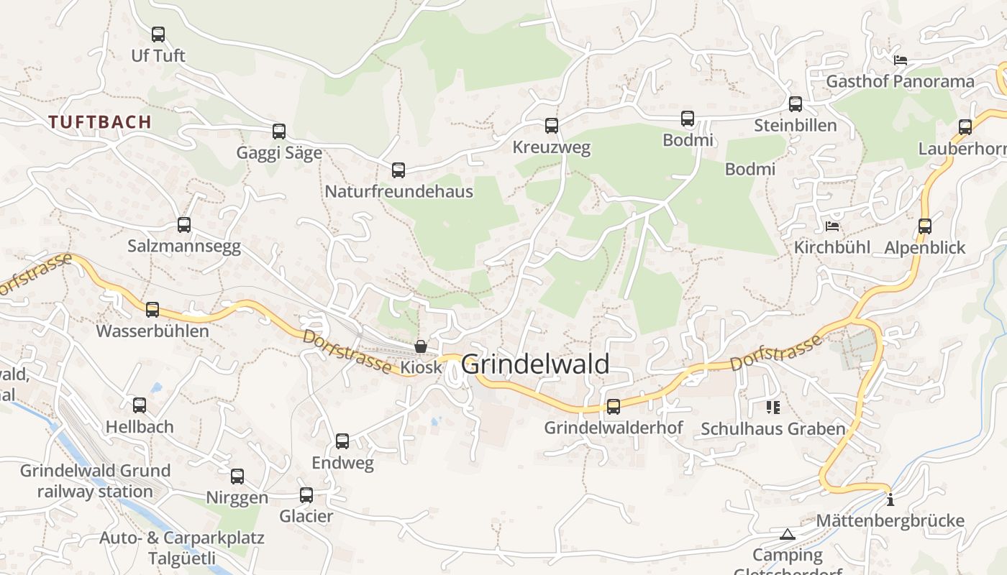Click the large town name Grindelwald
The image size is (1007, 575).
(x=535, y=364)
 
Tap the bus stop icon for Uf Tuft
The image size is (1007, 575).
(x=158, y=34)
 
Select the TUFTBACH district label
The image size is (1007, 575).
(x=101, y=122)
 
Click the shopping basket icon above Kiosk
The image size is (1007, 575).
(x=421, y=346)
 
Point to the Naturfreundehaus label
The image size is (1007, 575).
(x=398, y=191)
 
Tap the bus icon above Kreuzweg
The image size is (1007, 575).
(x=552, y=126)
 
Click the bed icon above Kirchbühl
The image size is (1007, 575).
(x=832, y=226)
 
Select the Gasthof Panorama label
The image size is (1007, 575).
(x=900, y=81)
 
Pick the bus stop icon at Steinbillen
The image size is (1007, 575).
(x=796, y=103)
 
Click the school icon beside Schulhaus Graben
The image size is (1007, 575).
(x=773, y=408)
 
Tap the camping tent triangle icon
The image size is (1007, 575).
(x=788, y=534)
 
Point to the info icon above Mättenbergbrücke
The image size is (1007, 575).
(x=890, y=500)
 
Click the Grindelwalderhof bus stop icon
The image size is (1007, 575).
(x=614, y=406)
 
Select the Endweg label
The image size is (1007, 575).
(x=342, y=463)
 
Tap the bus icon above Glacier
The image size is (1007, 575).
(x=306, y=494)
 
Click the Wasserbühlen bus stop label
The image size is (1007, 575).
(x=152, y=331)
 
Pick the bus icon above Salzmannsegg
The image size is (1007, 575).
(x=184, y=224)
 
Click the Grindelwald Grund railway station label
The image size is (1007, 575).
(x=95, y=482)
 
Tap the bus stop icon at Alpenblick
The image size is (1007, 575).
(x=925, y=226)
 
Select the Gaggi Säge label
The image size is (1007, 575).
(x=279, y=153)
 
